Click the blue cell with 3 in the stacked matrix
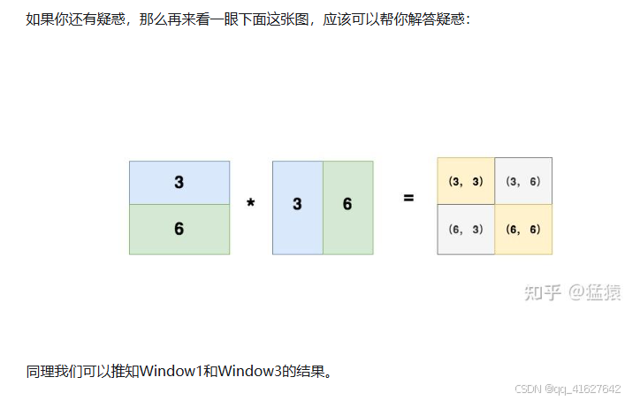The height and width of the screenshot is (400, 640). (x=179, y=183)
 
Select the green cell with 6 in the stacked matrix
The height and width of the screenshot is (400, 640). (x=179, y=229)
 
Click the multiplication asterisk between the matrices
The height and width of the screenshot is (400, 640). (x=251, y=204)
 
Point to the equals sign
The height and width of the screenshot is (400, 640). (x=408, y=198)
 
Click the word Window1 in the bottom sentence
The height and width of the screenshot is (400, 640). (x=170, y=371)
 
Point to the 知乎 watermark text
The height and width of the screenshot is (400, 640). (x=542, y=292)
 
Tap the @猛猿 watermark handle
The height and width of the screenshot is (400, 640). (x=594, y=292)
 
